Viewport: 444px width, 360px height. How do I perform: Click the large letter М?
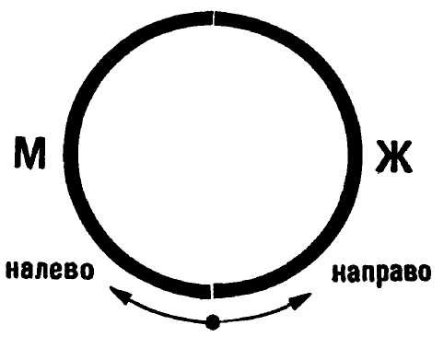click(x=29, y=153)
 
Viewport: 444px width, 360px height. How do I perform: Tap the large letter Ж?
click(x=393, y=157)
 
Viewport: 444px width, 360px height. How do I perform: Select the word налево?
click(x=50, y=270)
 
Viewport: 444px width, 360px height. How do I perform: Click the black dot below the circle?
click(x=213, y=322)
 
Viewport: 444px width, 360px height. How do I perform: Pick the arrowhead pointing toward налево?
click(x=119, y=294)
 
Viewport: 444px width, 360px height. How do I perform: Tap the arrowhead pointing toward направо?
click(x=300, y=301)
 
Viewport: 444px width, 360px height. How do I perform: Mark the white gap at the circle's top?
click(x=214, y=17)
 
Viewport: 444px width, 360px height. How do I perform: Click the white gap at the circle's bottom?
click(x=212, y=291)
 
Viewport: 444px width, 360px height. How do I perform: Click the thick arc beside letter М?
click(x=71, y=154)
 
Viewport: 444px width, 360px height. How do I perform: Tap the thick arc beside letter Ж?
click(x=355, y=154)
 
